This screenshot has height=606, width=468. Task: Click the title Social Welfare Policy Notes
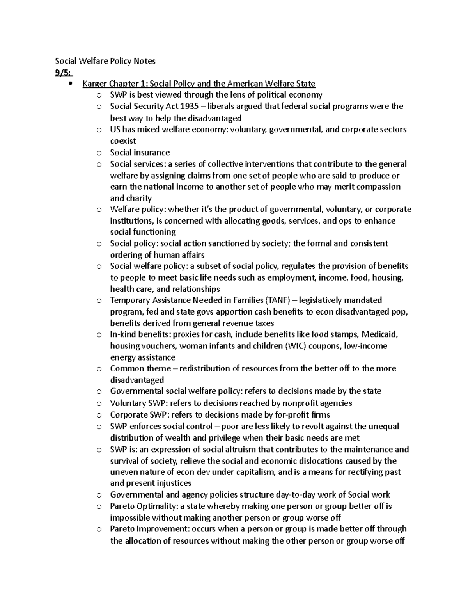(x=105, y=61)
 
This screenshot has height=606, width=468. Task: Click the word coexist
(x=123, y=141)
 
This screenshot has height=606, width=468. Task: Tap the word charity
(x=138, y=198)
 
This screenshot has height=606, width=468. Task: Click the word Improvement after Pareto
(x=160, y=529)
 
